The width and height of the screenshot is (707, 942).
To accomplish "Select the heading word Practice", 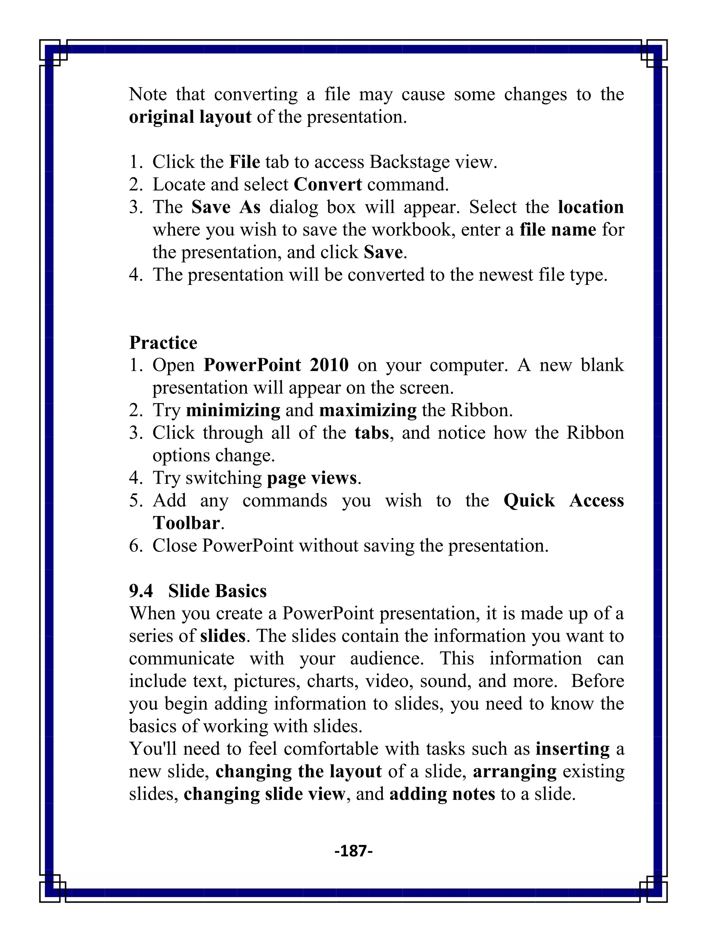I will [163, 343].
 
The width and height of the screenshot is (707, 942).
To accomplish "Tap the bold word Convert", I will [328, 185].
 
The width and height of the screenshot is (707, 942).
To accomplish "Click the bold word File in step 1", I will [245, 162].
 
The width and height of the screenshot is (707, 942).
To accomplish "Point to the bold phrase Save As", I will [226, 207].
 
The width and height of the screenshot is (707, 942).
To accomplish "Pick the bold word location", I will [591, 207].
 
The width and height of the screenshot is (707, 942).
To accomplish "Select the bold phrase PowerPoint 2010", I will [276, 365].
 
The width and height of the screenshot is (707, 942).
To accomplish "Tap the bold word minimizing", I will [233, 410].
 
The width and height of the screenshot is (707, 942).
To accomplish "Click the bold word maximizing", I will [368, 410].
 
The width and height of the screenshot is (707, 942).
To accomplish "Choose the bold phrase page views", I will [311, 478].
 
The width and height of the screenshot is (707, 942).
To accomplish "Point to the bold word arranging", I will [514, 772].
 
